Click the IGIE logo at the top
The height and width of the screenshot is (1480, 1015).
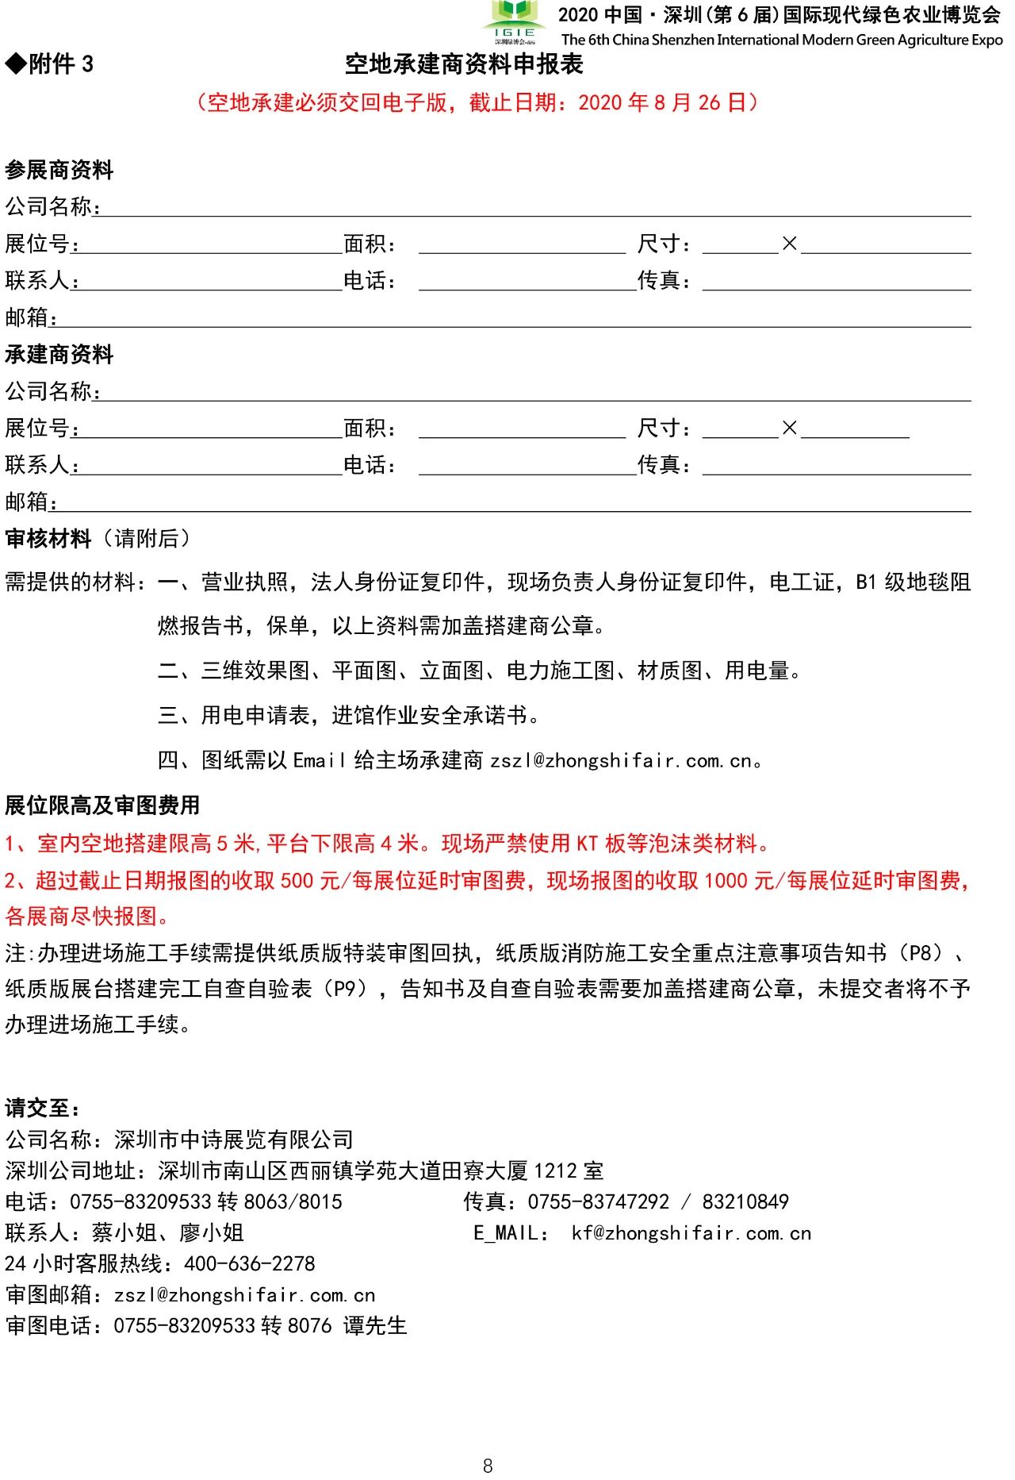tap(514, 22)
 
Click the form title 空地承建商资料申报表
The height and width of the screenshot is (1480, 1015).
tap(464, 64)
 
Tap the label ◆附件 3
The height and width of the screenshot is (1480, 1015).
tap(49, 64)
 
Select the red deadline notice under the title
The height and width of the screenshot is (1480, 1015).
tap(477, 102)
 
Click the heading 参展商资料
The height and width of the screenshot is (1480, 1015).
tap(59, 170)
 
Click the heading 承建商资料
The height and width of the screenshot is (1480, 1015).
tap(59, 354)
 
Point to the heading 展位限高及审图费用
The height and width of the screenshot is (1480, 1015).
tap(102, 805)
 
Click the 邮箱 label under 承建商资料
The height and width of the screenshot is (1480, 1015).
tap(30, 502)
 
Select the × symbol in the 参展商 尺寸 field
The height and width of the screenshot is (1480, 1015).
tap(789, 244)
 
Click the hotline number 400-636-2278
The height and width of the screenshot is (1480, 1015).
tap(250, 1263)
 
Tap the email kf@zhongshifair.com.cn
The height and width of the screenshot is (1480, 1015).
tap(691, 1233)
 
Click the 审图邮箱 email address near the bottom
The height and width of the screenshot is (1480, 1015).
tap(244, 1295)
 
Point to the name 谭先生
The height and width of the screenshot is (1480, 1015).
tap(375, 1326)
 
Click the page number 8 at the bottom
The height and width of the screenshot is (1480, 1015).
tap(488, 1466)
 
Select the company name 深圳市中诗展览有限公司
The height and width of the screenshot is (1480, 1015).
tap(234, 1140)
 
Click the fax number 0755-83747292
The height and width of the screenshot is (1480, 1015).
tap(599, 1202)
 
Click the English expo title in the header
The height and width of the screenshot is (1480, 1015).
tap(781, 40)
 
